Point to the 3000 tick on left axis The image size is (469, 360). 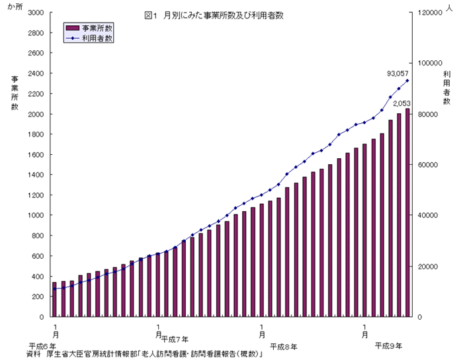click(36, 13)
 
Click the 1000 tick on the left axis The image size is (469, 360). click(36, 216)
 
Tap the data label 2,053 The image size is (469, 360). click(402, 103)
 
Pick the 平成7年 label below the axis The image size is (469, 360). click(175, 339)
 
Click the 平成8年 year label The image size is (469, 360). click(284, 346)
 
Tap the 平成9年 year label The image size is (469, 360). click(388, 345)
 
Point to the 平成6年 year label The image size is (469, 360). click(42, 346)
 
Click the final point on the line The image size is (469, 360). click(407, 81)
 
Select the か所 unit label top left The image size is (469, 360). click(15, 7)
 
